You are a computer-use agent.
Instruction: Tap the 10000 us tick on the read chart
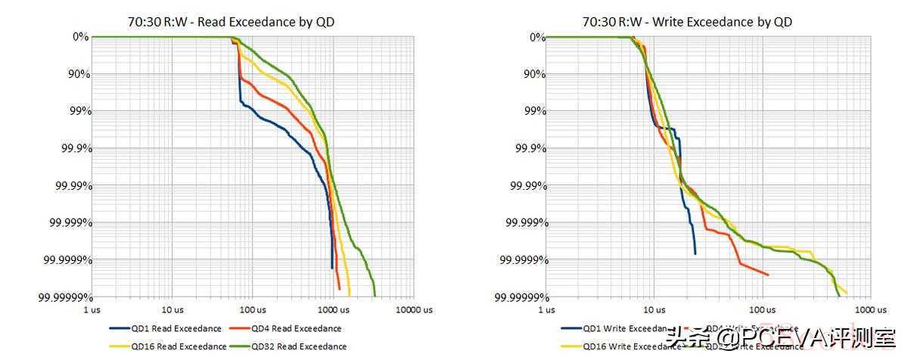[x=414, y=309]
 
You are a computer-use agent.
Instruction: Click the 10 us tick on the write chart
[x=653, y=309]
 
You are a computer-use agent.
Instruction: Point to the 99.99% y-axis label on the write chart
[x=525, y=185]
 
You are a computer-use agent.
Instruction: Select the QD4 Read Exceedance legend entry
[x=296, y=328]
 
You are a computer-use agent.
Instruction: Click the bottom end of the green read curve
[x=375, y=296]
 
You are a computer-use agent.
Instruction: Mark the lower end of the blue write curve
[x=695, y=253]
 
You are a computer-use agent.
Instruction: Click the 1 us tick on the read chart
[x=92, y=309]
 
